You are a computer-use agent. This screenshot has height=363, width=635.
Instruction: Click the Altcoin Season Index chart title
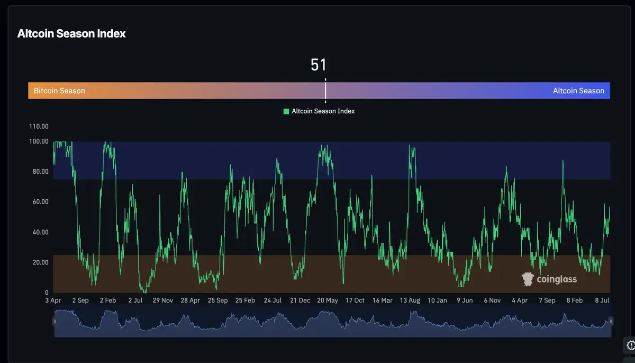[71, 33]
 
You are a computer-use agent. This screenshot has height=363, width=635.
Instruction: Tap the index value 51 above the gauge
[319, 65]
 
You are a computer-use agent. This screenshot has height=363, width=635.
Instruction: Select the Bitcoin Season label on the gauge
[59, 91]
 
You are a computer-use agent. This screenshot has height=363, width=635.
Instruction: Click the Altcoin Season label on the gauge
[578, 91]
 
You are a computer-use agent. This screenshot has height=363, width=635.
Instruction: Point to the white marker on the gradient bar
[325, 91]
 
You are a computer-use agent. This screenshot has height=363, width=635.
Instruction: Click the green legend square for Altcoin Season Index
[286, 111]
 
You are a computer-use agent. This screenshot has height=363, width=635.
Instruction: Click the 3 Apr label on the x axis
[53, 300]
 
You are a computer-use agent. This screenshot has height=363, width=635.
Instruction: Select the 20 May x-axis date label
[328, 300]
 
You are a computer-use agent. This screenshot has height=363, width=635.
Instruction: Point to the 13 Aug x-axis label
[410, 300]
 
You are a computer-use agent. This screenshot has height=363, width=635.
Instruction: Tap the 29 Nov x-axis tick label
[163, 300]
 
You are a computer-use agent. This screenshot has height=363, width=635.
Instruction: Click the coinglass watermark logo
[549, 279]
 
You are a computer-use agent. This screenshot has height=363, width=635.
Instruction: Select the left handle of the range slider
[55, 321]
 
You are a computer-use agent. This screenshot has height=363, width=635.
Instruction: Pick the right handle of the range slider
[611, 321]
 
